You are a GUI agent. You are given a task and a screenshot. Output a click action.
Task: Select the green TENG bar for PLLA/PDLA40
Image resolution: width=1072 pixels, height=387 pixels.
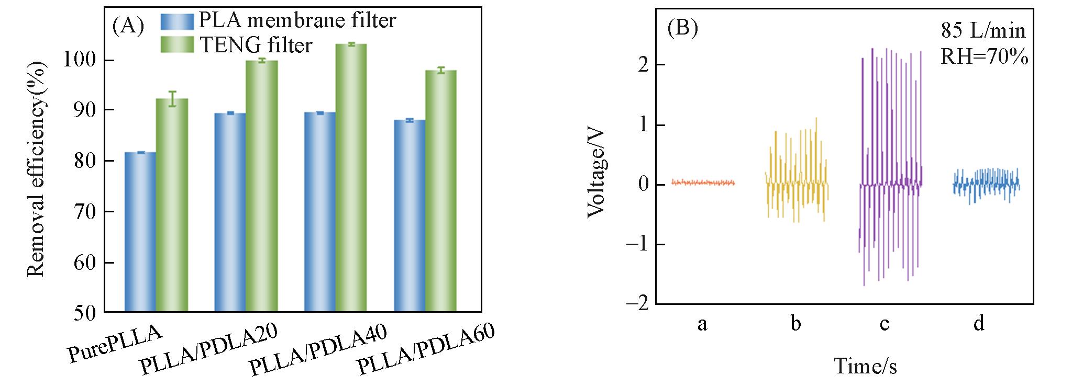(x=351, y=178)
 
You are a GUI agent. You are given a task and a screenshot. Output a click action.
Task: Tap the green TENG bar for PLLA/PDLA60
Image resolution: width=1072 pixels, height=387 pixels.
(x=441, y=191)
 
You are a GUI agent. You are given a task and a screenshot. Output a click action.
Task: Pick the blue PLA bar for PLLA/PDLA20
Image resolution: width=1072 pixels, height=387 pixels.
(x=230, y=212)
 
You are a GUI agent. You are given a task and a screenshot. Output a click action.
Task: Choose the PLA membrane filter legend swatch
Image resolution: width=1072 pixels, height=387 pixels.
(x=178, y=20)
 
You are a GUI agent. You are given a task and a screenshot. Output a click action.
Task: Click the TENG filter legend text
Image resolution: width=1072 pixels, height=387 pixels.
(x=256, y=45)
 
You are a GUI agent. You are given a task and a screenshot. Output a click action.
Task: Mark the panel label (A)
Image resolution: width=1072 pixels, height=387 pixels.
(x=128, y=26)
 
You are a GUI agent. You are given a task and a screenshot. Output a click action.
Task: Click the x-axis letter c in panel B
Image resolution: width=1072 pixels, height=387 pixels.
(x=885, y=324)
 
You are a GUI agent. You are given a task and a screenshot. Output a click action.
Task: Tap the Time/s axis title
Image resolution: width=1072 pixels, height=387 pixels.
(x=865, y=366)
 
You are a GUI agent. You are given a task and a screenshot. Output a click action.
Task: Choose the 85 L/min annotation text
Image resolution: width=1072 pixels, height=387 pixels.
(x=983, y=31)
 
